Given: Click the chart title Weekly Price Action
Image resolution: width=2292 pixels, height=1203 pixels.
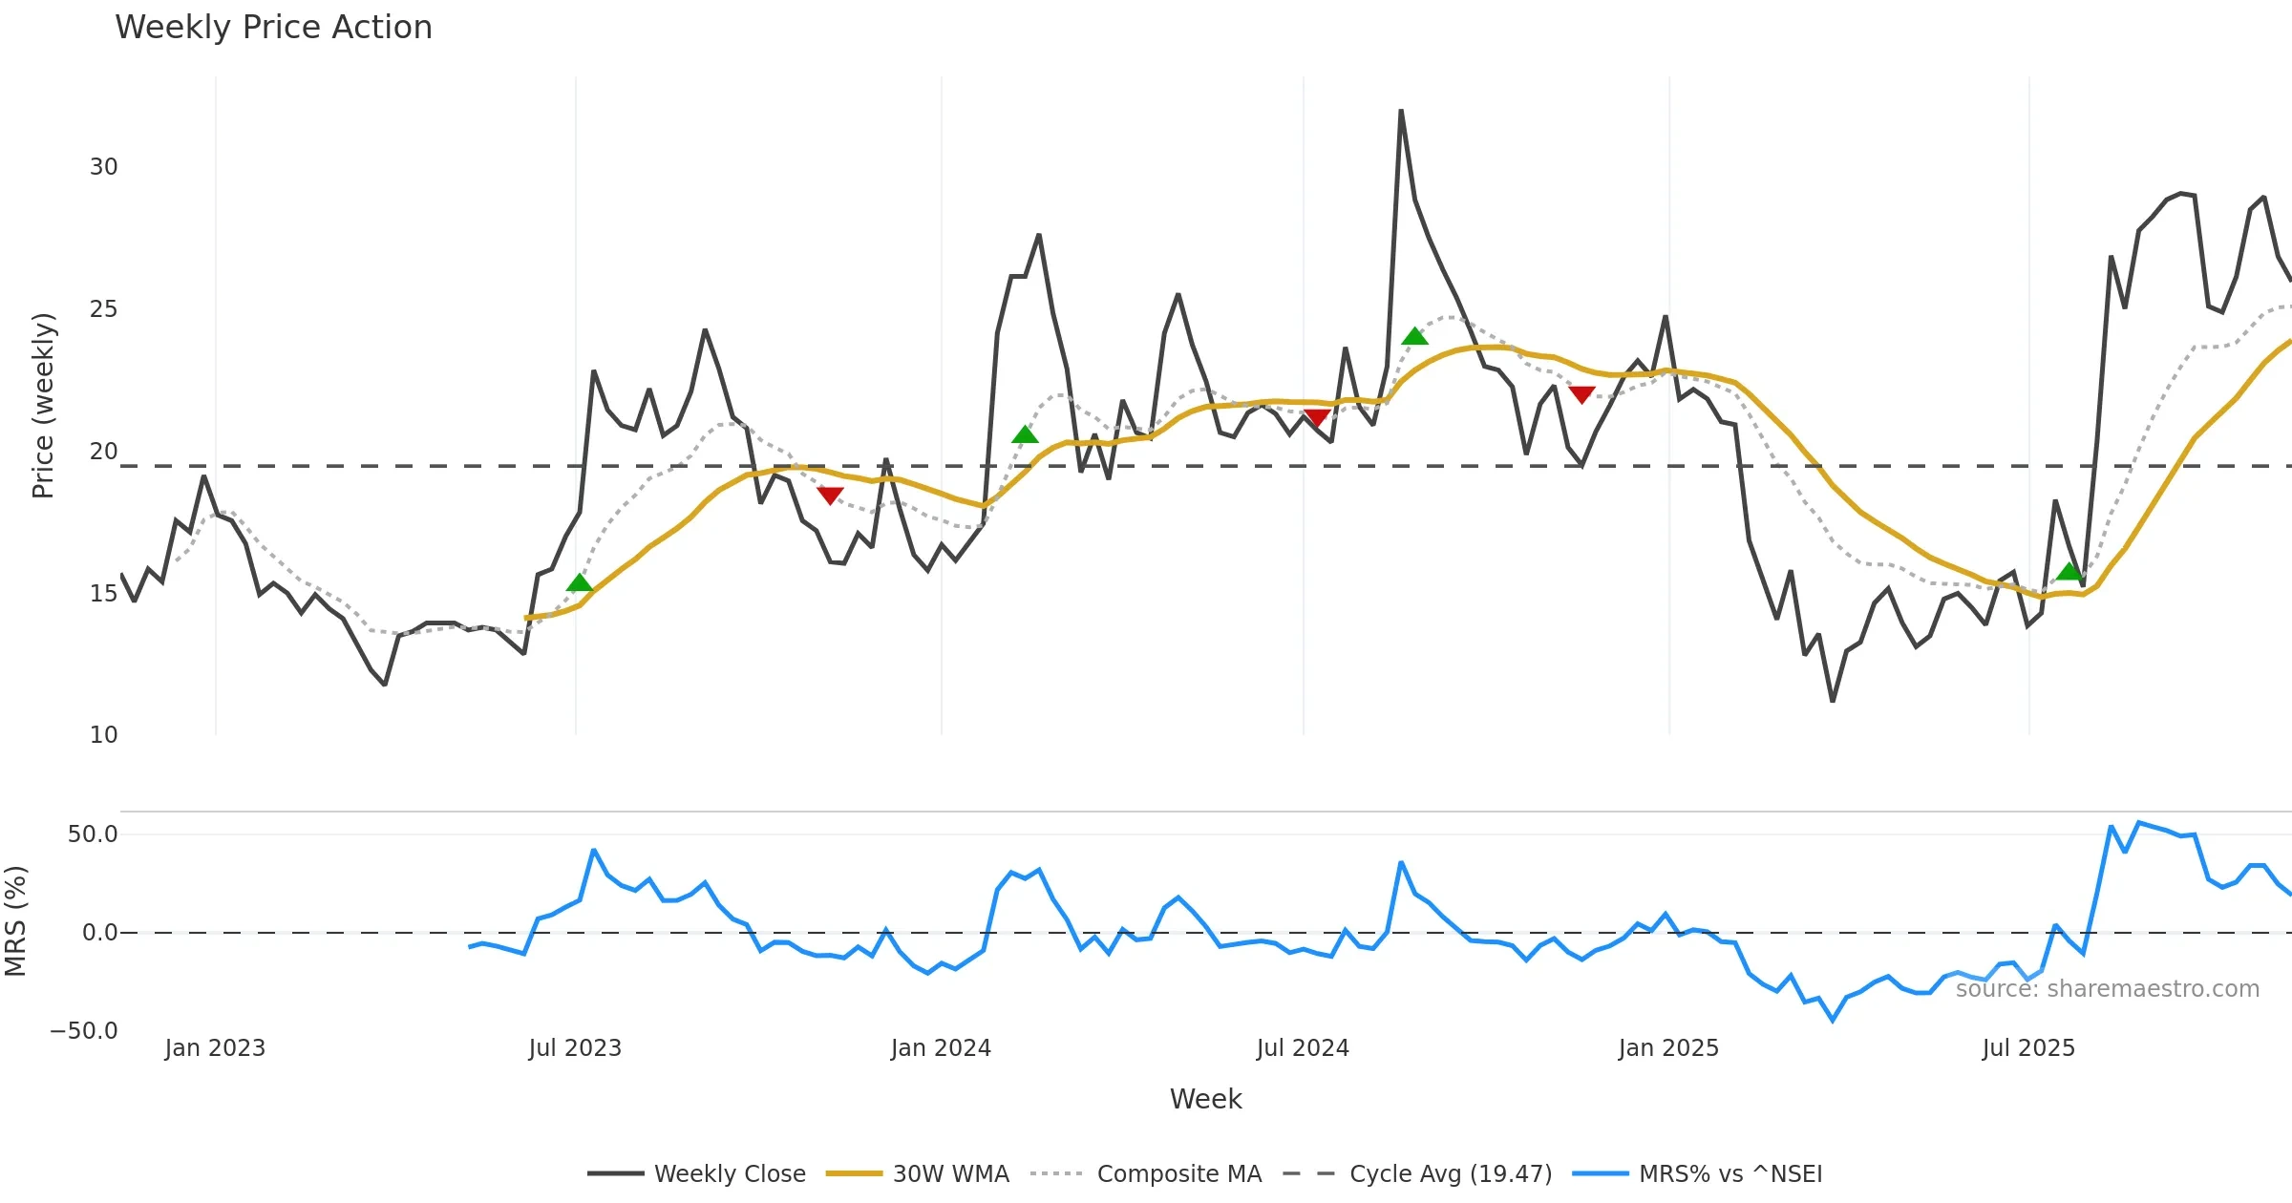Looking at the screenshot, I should (x=273, y=28).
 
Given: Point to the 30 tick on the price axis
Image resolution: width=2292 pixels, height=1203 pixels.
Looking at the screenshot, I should (x=103, y=167).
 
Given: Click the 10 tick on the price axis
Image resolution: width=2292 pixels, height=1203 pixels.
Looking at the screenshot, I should (x=103, y=735).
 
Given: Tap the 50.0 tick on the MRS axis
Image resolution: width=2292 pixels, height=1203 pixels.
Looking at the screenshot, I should (x=93, y=834).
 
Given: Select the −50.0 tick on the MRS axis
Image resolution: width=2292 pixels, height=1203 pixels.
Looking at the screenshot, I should (x=84, y=1031).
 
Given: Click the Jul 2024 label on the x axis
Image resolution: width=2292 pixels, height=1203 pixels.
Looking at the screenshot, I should (x=1303, y=1048).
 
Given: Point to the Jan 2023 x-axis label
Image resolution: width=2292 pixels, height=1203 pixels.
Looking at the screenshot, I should (x=215, y=1048).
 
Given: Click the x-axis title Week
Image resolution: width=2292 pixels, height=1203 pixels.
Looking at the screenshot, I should (x=1205, y=1100).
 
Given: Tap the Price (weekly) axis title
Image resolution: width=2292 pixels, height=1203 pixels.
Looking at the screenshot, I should (x=44, y=406).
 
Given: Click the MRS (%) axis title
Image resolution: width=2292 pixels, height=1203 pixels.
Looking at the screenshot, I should (x=15, y=921).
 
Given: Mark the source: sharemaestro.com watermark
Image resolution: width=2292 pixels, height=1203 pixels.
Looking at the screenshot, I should (x=2107, y=989).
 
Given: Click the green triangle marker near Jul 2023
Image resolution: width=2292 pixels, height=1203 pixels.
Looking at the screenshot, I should (x=580, y=583).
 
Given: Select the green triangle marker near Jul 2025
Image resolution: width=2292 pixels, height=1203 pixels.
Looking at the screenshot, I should (x=2069, y=572).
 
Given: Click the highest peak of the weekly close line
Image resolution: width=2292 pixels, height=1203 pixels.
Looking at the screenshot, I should (x=1401, y=111).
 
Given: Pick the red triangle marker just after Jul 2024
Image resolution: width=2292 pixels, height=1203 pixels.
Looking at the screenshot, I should (x=1316, y=417).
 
